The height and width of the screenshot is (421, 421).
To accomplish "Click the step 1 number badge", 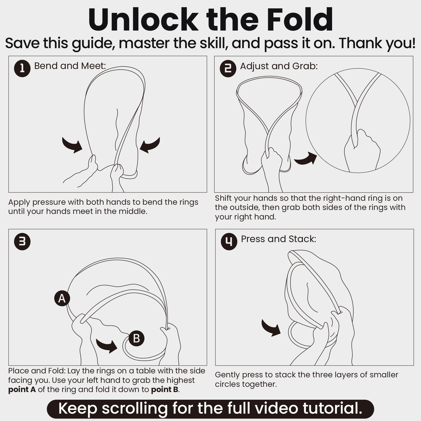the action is (x=22, y=69).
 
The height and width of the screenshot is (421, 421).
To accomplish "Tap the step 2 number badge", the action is (x=228, y=69).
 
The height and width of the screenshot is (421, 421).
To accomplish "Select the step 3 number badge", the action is (x=22, y=242).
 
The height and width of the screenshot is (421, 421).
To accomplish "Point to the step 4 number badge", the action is (x=229, y=242).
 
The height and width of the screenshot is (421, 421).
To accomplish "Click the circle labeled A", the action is (x=62, y=298).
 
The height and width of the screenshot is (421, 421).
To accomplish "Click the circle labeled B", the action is (x=137, y=338).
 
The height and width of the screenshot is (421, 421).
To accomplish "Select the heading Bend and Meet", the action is (x=70, y=66).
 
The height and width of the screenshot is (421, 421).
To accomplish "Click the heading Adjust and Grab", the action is (x=279, y=66).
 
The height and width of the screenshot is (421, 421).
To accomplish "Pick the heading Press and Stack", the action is (x=279, y=239).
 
